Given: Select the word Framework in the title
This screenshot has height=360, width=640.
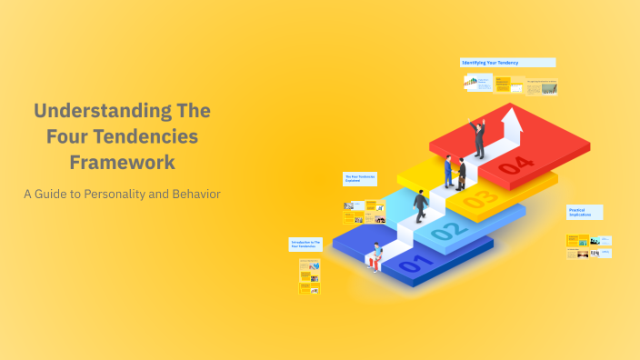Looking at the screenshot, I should coord(123,163).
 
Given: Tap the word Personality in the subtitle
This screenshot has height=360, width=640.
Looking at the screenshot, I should coord(125,194).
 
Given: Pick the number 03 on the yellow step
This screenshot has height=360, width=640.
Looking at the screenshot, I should coord(481,197).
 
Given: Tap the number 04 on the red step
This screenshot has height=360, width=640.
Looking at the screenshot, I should coord(515,165).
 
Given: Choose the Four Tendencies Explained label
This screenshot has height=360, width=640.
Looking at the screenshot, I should coord(359,177).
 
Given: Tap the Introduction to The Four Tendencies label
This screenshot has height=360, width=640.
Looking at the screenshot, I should coord(306,244).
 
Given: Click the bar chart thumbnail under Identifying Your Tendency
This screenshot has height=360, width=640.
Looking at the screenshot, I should coord(470,83).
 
